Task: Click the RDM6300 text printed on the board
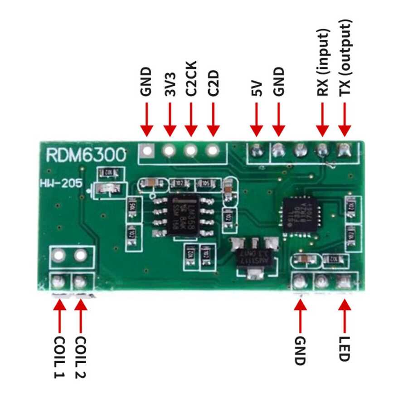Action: click(86, 155)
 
